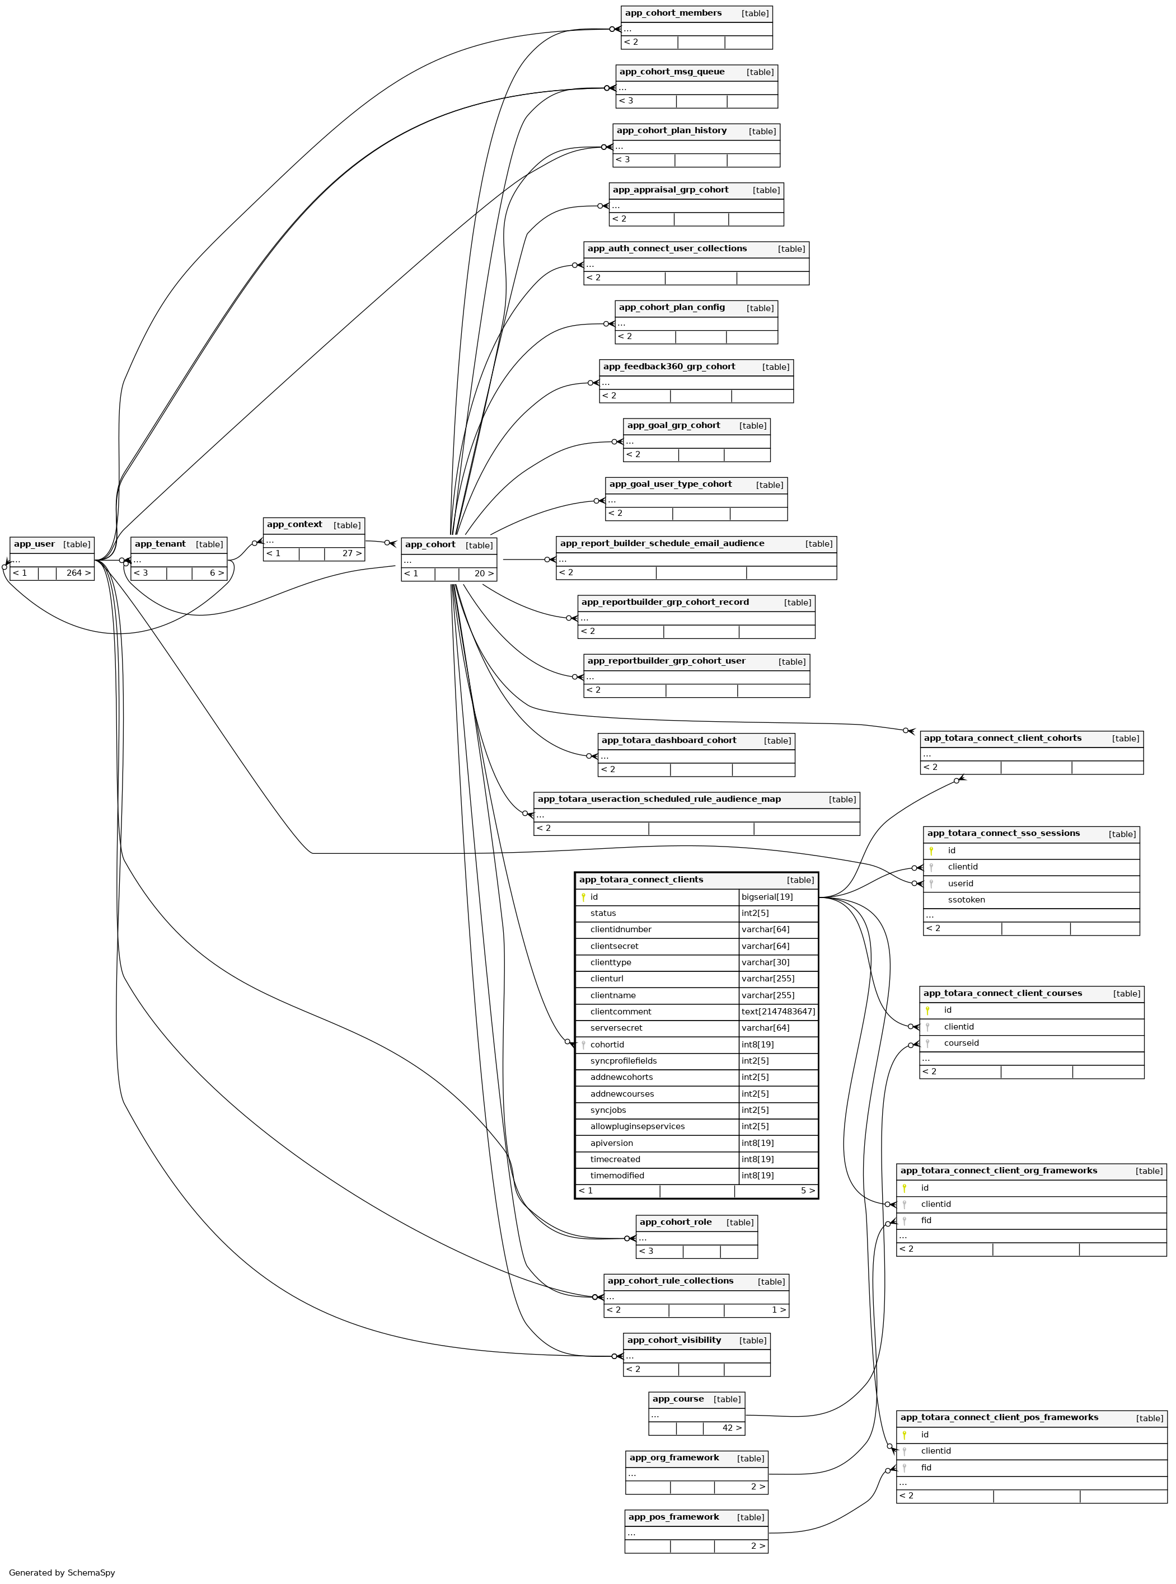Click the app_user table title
pyautogui.click(x=34, y=544)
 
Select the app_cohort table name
pyautogui.click(x=430, y=545)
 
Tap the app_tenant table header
pyautogui.click(x=160, y=544)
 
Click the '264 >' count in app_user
pyautogui.click(x=78, y=573)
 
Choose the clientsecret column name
pyautogui.click(x=613, y=946)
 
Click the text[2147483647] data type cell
pyautogui.click(x=778, y=1012)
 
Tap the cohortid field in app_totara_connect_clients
pyautogui.click(x=607, y=1045)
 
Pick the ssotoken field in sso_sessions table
pyautogui.click(x=966, y=900)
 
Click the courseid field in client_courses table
pyautogui.click(x=961, y=1043)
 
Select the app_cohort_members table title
pyautogui.click(x=673, y=13)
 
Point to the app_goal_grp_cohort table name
pyautogui.click(x=673, y=426)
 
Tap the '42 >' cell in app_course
pyautogui.click(x=731, y=1428)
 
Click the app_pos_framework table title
pyautogui.click(x=673, y=1517)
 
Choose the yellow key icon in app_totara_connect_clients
pyautogui.click(x=583, y=897)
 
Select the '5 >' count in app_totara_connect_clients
pyautogui.click(x=807, y=1191)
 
